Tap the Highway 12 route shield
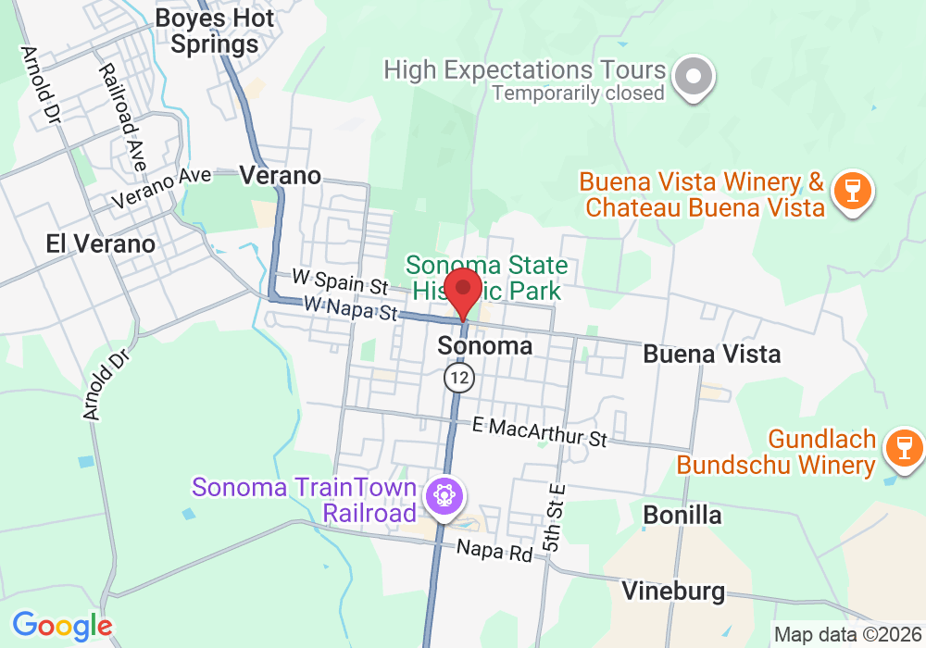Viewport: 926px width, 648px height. point(458,377)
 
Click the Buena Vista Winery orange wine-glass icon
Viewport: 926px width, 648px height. point(848,193)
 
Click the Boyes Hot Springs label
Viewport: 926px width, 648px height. point(215,31)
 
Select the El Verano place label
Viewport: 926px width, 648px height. point(101,244)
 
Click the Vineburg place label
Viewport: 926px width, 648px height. point(673,591)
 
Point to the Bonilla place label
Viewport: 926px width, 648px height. point(682,515)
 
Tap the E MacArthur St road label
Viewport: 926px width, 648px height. point(539,431)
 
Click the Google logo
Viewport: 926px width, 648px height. point(62,626)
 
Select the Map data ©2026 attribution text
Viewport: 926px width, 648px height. point(846,635)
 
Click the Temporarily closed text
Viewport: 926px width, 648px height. point(578,93)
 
